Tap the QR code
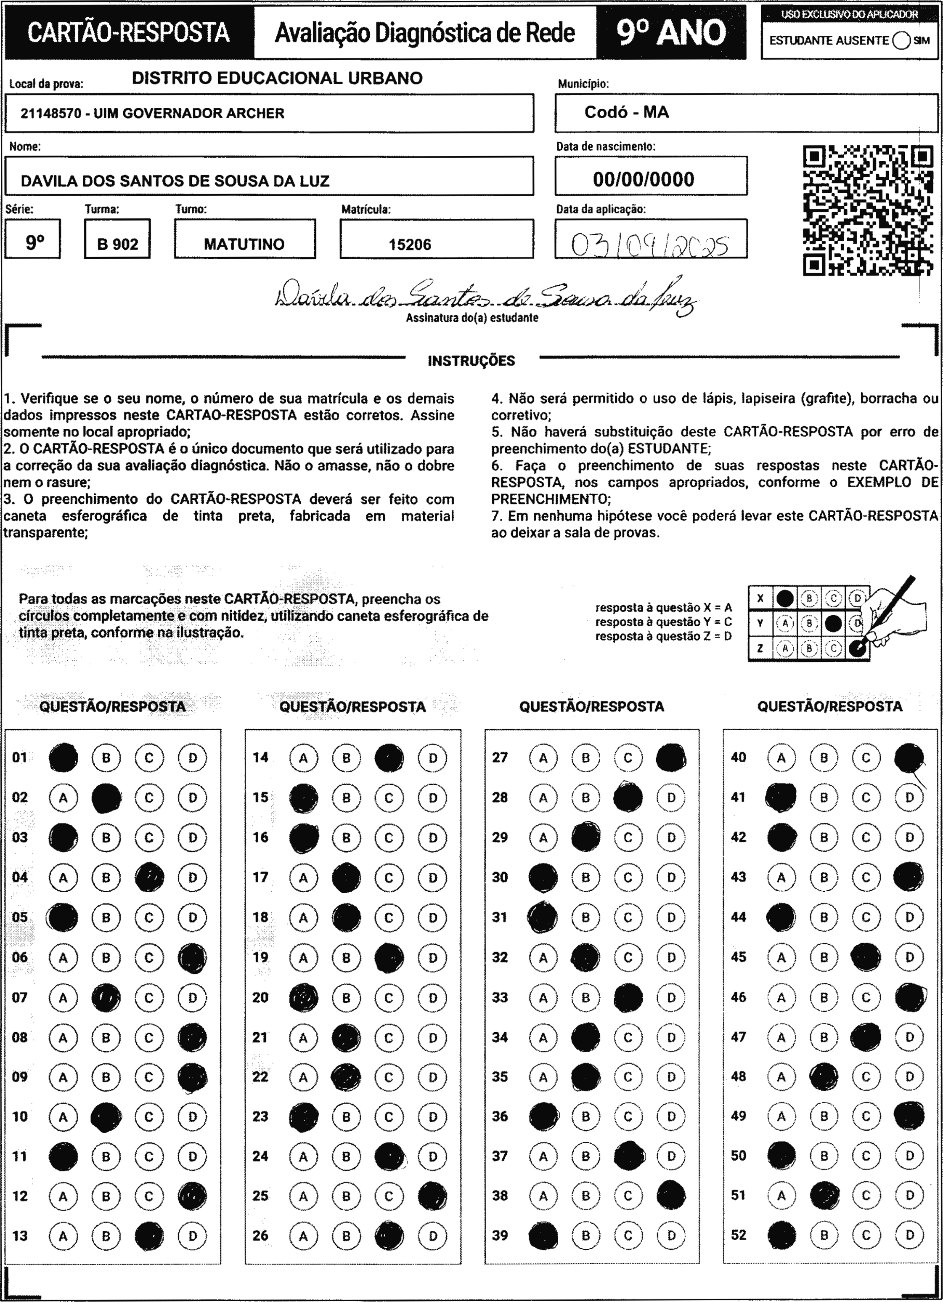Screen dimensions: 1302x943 click(x=867, y=210)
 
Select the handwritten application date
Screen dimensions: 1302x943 click(x=650, y=245)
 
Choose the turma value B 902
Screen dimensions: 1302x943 click(x=118, y=244)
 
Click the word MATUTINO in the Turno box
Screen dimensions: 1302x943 click(x=244, y=244)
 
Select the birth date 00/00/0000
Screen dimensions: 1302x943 click(x=644, y=180)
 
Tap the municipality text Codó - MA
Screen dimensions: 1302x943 click(x=627, y=112)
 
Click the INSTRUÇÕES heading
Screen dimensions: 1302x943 click(x=471, y=361)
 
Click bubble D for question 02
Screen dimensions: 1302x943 click(x=192, y=797)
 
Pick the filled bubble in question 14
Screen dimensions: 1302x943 click(x=389, y=758)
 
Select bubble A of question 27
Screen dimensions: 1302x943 click(x=543, y=758)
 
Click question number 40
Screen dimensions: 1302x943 click(x=738, y=758)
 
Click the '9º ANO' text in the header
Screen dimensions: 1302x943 click(x=672, y=33)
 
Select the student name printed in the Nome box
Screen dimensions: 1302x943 click(x=175, y=181)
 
